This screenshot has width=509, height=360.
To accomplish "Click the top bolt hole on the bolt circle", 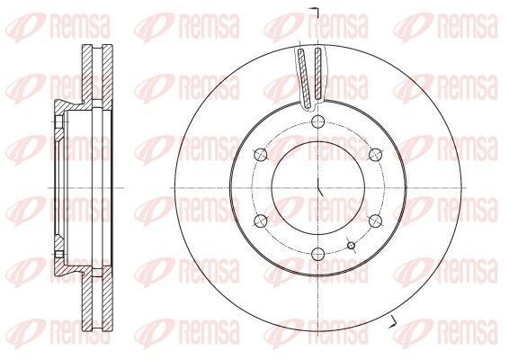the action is point(317,122).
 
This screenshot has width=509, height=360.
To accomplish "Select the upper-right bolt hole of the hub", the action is point(375,155).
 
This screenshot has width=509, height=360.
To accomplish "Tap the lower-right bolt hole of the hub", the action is point(375,220).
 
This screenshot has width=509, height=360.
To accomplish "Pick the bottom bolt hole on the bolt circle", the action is point(317,254).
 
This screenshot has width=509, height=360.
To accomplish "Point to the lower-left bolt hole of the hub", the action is point(260,220).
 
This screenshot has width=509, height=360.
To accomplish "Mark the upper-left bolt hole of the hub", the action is point(260,155).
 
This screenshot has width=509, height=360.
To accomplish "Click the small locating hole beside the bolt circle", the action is point(352,246).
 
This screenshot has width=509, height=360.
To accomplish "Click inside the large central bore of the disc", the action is point(317,188).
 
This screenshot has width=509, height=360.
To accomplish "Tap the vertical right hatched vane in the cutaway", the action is point(318,73).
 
